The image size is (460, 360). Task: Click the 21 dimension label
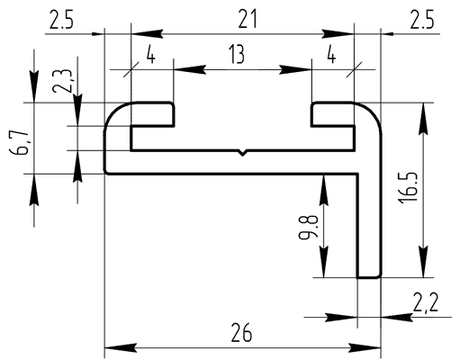tap(248, 19)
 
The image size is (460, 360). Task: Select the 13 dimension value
tap(237, 54)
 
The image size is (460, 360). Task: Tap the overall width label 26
tap(241, 333)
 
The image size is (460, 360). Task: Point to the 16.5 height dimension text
tap(408, 188)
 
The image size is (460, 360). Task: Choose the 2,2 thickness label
tap(426, 303)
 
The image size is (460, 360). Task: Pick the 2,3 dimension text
tap(62, 81)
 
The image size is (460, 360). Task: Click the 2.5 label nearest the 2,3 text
tap(61, 20)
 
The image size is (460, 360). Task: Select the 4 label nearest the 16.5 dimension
tap(331, 55)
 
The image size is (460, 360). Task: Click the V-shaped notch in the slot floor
tap(242, 152)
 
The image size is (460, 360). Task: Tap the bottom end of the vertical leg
tap(369, 277)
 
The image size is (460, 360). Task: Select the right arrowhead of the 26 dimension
tap(365, 348)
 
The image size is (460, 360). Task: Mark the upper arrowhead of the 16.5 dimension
tap(423, 119)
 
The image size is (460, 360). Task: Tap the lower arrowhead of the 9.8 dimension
tap(323, 262)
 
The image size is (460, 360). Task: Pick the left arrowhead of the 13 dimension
tap(190, 69)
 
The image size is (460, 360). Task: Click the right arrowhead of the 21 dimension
tap(338, 34)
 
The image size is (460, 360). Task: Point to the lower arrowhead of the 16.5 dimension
tap(423, 262)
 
